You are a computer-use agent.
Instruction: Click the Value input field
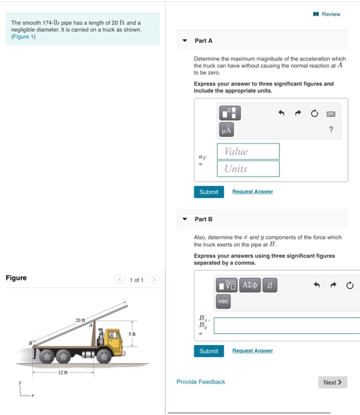(x=248, y=152)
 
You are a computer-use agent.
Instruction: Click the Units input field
(x=248, y=169)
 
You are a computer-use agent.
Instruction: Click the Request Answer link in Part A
(x=252, y=191)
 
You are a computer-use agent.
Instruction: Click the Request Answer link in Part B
(x=252, y=351)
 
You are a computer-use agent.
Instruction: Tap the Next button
(x=332, y=382)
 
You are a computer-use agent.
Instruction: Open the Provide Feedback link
(x=200, y=382)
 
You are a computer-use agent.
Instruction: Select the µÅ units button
(x=227, y=129)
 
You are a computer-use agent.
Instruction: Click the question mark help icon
(x=331, y=129)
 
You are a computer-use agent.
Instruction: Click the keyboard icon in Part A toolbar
(x=331, y=113)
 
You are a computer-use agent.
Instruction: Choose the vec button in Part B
(x=223, y=302)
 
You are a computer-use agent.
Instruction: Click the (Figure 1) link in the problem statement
(x=24, y=37)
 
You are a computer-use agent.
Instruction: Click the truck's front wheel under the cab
(x=104, y=357)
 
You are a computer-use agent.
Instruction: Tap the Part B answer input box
(x=286, y=325)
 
